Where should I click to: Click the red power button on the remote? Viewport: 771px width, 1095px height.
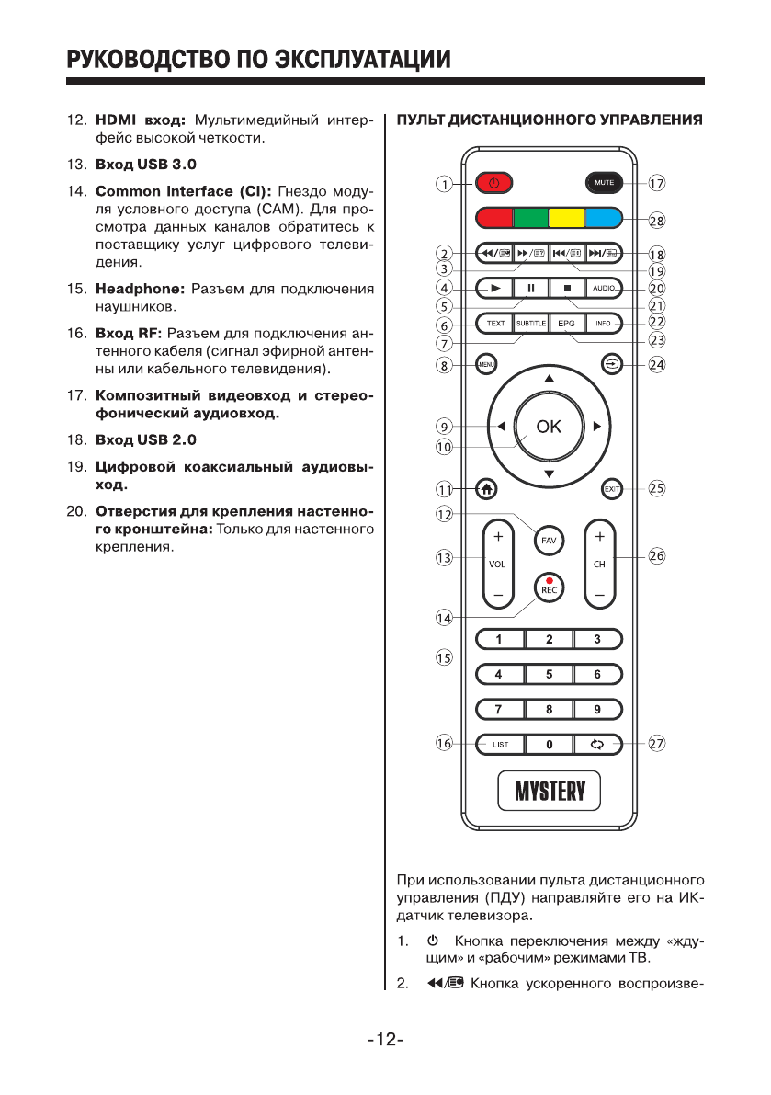[493, 183]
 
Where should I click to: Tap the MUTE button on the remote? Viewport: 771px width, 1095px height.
[604, 183]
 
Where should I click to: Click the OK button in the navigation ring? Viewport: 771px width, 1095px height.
[549, 426]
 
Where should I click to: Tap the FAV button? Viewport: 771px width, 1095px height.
[549, 540]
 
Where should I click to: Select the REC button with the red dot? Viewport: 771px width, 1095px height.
[549, 587]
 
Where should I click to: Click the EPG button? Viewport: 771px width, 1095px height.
[567, 323]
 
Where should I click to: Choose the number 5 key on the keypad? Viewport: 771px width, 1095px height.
[549, 674]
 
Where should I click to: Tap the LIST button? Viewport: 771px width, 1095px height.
[500, 744]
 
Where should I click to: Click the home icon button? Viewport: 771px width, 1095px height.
[485, 489]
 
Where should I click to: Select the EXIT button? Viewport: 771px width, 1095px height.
[612, 489]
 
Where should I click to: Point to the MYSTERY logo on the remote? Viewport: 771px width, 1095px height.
[549, 791]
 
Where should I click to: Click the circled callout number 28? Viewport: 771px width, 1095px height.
[656, 221]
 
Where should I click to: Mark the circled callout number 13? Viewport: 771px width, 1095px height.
[445, 557]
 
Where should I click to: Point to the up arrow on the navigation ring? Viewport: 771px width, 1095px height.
[549, 379]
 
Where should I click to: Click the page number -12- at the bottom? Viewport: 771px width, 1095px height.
[386, 1040]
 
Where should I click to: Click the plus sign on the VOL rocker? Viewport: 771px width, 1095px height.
[498, 535]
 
